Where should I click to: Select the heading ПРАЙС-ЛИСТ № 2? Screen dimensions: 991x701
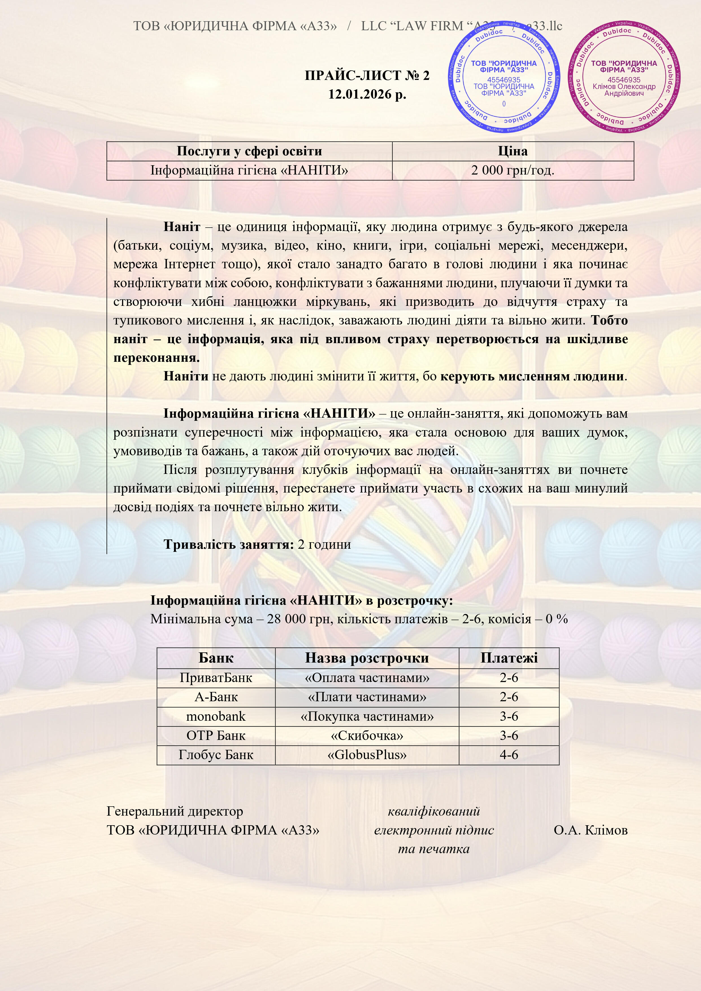pos(367,75)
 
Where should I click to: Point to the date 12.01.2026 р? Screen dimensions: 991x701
pos(367,94)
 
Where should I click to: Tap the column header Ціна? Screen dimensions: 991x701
pos(513,151)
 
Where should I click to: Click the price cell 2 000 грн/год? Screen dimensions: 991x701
pos(513,171)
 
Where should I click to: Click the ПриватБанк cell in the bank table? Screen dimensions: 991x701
pos(216,678)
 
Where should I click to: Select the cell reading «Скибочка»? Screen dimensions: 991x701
pos(367,735)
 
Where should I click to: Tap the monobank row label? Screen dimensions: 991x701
pos(216,716)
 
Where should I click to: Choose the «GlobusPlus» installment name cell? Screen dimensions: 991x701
pos(367,755)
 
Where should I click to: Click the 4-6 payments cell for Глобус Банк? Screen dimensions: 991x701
pos(509,755)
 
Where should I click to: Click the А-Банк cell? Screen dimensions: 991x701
pos(216,697)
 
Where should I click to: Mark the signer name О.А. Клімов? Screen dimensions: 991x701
pos(591,830)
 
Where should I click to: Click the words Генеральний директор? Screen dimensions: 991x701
pos(175,811)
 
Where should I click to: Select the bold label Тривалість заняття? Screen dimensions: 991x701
pos(229,544)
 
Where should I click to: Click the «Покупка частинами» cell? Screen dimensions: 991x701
pos(367,716)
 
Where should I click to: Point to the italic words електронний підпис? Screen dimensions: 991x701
pos(434,830)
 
